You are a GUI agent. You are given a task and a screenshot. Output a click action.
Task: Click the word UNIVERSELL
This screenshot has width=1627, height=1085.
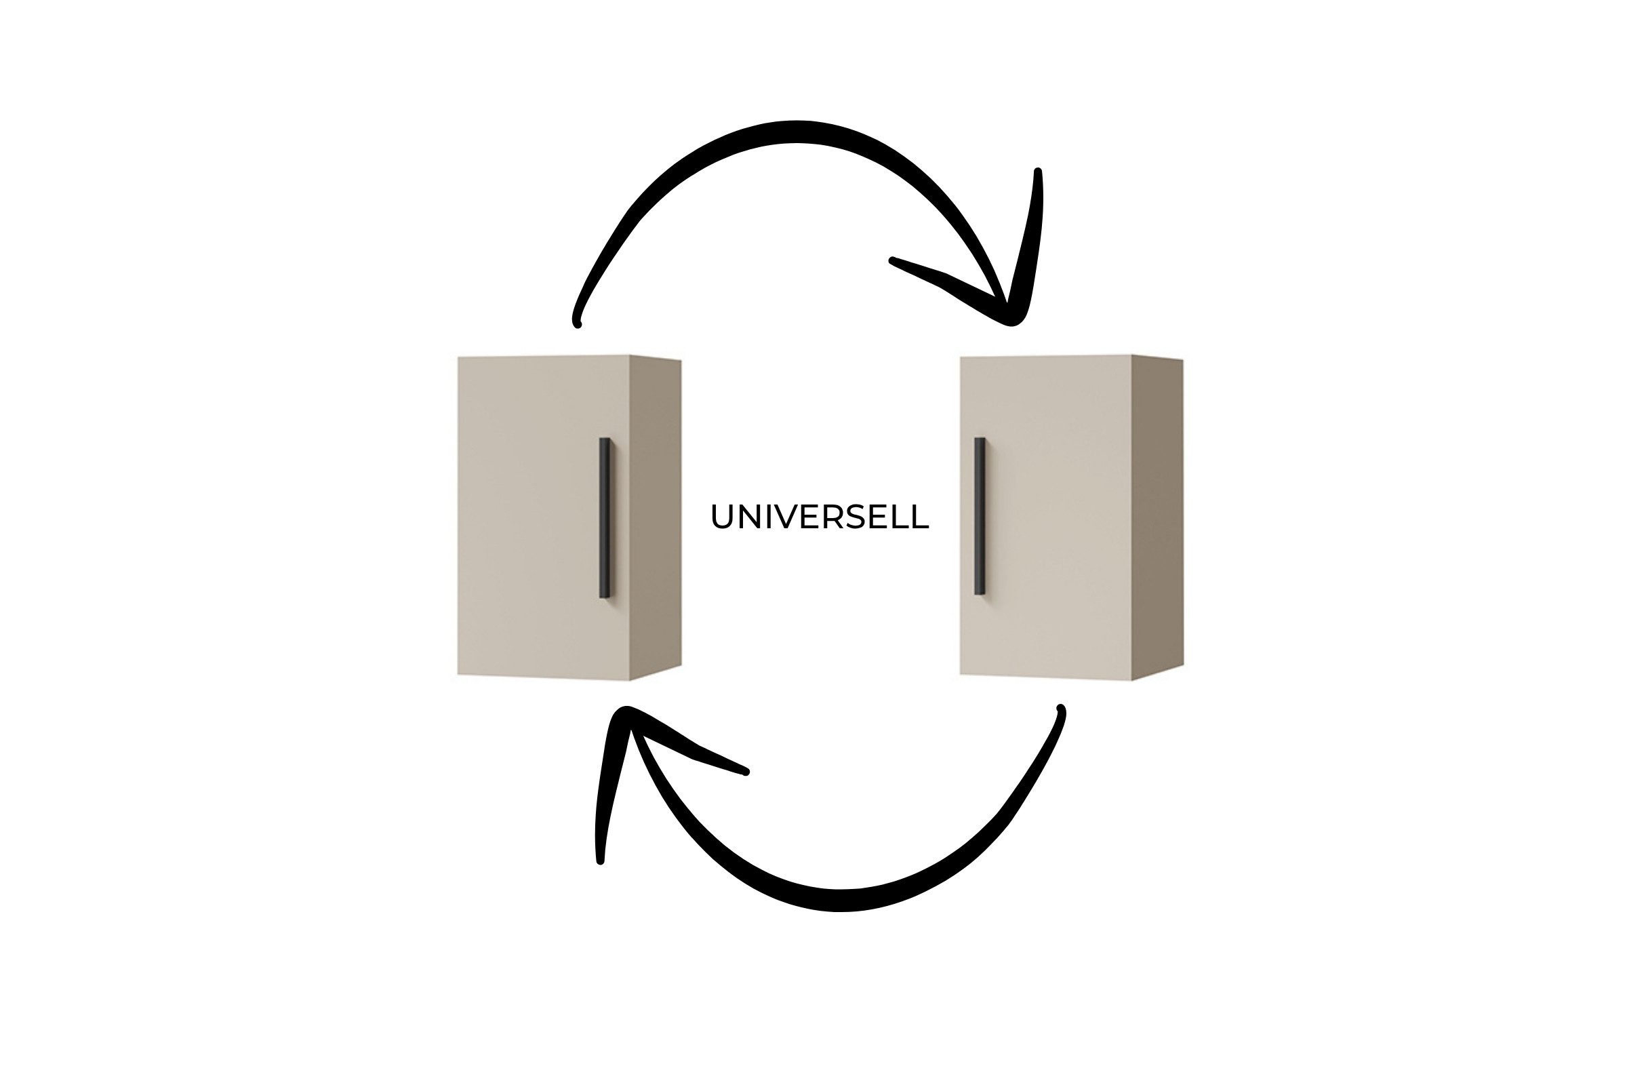pyautogui.click(x=820, y=517)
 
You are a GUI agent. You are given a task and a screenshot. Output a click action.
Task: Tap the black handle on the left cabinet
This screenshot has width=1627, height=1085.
pyautogui.click(x=605, y=517)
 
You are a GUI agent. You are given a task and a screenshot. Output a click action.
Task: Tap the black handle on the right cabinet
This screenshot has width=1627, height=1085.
pyautogui.click(x=980, y=516)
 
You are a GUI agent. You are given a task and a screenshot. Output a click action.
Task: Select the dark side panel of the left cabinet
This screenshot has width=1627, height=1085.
pyautogui.click(x=656, y=517)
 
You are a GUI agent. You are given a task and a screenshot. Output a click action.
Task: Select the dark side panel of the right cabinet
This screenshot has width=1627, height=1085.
pyautogui.click(x=1158, y=517)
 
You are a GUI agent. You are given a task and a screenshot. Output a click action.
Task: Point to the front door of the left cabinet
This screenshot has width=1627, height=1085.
pyautogui.click(x=544, y=517)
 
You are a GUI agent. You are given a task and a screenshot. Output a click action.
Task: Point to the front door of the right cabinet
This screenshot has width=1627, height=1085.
pyautogui.click(x=1046, y=517)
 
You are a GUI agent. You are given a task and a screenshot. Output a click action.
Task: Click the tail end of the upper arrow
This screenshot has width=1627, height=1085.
pyautogui.click(x=576, y=323)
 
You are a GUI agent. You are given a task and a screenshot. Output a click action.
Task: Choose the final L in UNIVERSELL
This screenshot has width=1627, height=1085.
pyautogui.click(x=921, y=517)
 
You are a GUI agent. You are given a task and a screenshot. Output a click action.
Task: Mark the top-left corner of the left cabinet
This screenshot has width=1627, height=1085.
pyautogui.click(x=458, y=357)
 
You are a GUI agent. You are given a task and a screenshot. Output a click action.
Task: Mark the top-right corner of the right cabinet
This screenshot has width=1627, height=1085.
pyautogui.click(x=1184, y=360)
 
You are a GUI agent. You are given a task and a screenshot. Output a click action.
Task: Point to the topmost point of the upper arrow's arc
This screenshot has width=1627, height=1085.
pyautogui.click(x=795, y=132)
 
